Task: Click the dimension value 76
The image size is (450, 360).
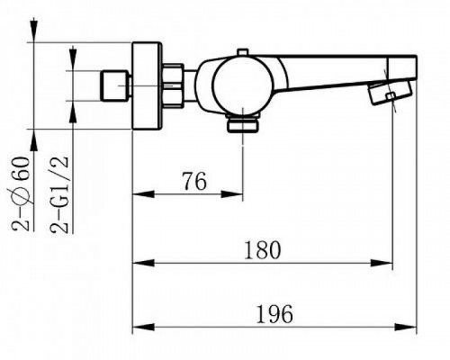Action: click(x=194, y=182)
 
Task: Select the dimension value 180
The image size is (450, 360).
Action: click(x=263, y=250)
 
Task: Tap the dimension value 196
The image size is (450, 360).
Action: click(x=274, y=314)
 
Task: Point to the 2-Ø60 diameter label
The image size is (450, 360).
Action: click(x=21, y=193)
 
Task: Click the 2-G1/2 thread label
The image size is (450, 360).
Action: click(x=60, y=194)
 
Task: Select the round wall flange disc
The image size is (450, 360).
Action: click(x=148, y=85)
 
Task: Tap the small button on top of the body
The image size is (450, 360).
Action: click(x=243, y=52)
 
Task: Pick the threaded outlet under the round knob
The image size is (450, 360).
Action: click(x=243, y=124)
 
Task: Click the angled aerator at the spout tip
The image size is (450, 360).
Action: click(x=389, y=92)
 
